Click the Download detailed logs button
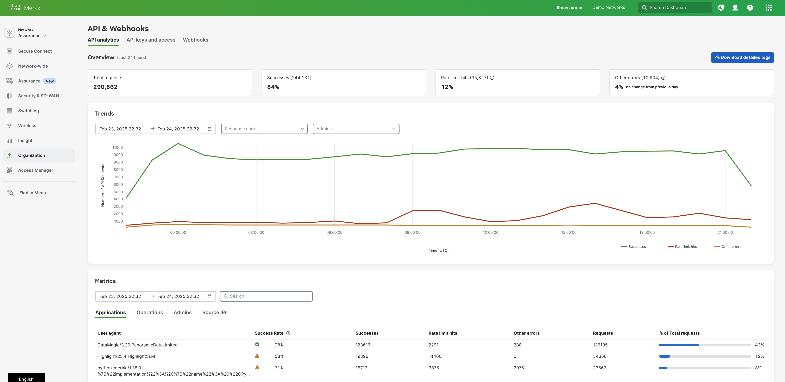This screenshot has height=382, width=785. click(x=742, y=57)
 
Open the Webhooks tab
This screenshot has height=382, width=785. click(x=195, y=40)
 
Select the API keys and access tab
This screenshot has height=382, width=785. click(x=151, y=40)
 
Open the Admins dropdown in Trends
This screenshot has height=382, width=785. click(x=356, y=129)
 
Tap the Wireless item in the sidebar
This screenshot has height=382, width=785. click(x=27, y=126)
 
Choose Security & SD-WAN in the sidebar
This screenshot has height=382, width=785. click(x=38, y=96)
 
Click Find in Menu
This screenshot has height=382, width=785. click(x=33, y=193)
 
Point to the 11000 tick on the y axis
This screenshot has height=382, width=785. click(x=118, y=148)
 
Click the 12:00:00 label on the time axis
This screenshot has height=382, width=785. click(x=491, y=233)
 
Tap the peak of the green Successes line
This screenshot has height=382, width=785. click(x=178, y=144)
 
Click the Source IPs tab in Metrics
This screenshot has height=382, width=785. click(x=215, y=313)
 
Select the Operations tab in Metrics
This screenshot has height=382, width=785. click(x=150, y=313)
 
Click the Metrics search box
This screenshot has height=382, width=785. click(x=266, y=296)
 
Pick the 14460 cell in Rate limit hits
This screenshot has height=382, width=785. click(x=435, y=356)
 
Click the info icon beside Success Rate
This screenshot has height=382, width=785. click(x=288, y=333)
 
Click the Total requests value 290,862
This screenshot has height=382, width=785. click(x=105, y=87)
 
